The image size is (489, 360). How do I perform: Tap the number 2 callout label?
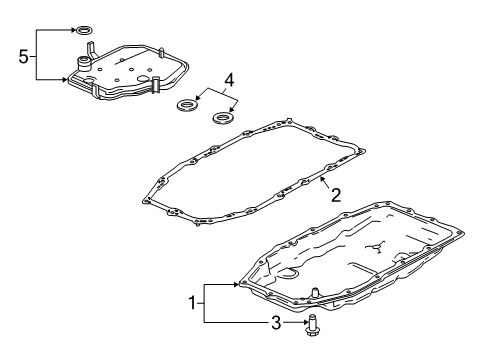pos(336,194)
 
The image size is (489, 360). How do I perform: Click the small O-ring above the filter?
pos(84,32)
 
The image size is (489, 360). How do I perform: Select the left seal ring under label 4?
pos(186,105)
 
